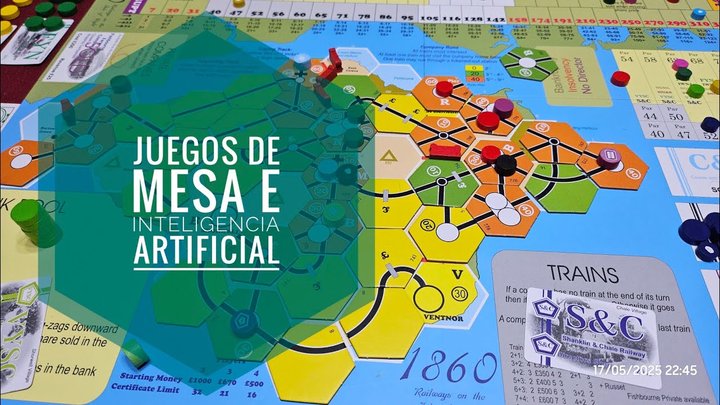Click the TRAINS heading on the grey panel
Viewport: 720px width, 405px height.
(583, 274)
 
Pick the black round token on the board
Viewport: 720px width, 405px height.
(506, 164)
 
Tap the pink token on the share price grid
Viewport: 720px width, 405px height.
(680, 64)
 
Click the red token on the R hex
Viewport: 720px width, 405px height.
(444, 88)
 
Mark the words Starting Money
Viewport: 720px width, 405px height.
(146, 379)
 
